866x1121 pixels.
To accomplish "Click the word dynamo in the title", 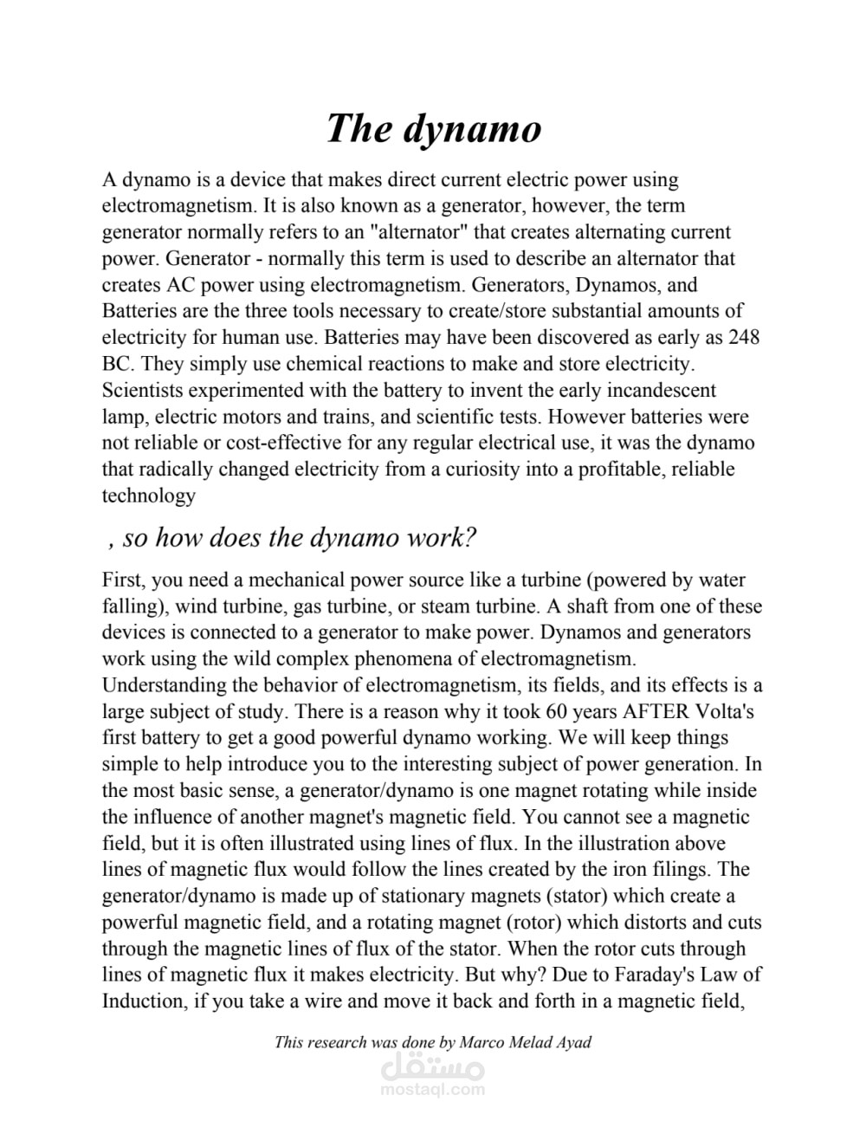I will click(472, 129).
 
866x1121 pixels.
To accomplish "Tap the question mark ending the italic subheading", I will click(469, 537).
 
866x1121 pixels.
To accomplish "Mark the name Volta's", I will click(726, 712).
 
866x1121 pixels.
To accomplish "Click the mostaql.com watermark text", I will click(432, 1091).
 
